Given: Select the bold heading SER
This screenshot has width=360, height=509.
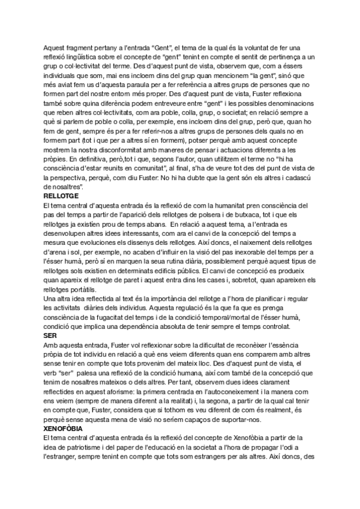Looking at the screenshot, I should [x=50, y=336].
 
